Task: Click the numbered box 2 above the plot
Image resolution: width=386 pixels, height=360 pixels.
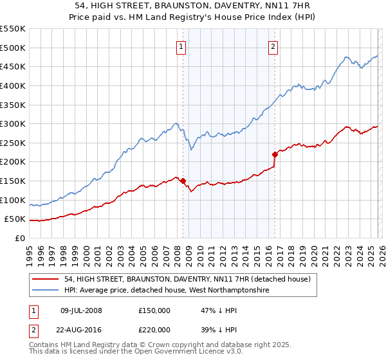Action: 273,46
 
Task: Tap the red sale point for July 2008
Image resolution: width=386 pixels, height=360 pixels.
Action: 183,181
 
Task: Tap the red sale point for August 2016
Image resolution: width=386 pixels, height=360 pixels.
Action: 275,154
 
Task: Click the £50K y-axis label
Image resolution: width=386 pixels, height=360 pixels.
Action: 15,219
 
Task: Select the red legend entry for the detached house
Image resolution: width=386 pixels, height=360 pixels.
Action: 188,279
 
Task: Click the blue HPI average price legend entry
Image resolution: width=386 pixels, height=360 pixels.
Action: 166,291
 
